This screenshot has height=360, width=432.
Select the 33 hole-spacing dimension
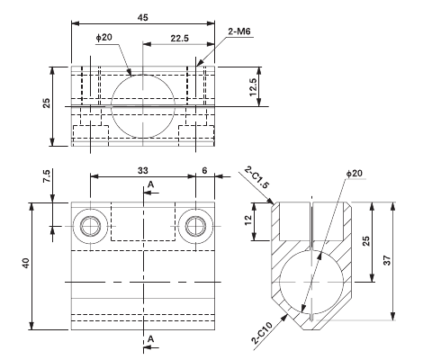coord(142,169)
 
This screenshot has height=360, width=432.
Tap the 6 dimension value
coord(204,169)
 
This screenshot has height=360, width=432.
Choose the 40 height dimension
coord(26,264)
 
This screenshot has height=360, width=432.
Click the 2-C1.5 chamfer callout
coord(253,177)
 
